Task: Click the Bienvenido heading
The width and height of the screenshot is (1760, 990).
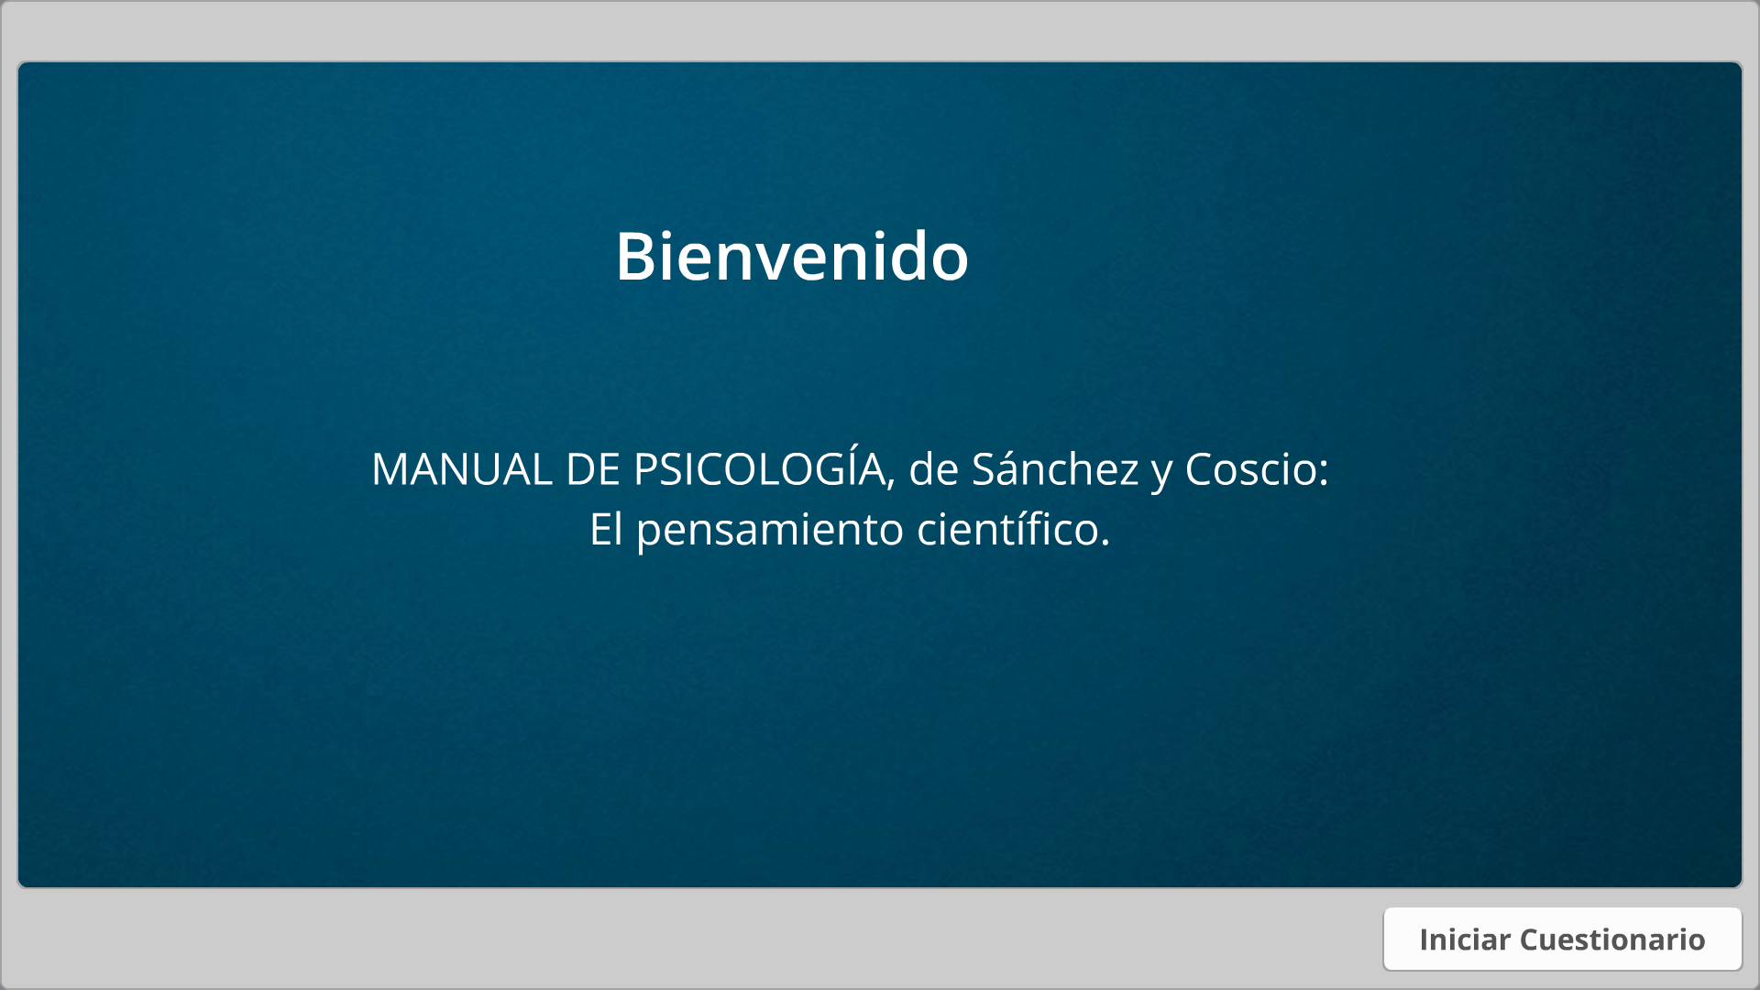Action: [792, 256]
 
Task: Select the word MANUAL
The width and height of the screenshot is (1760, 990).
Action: [462, 469]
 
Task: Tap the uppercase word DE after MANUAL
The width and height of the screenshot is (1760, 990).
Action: [593, 469]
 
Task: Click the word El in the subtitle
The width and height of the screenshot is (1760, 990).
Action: [606, 529]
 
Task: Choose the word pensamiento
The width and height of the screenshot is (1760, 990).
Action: [770, 532]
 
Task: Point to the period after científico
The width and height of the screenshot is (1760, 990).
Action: [1105, 544]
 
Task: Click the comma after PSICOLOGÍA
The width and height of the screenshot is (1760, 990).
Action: [891, 486]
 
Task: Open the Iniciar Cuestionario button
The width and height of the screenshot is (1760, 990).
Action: [1562, 939]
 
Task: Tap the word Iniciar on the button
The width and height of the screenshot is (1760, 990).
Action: [1464, 939]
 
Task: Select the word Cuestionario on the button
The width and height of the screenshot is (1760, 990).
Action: [1612, 939]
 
